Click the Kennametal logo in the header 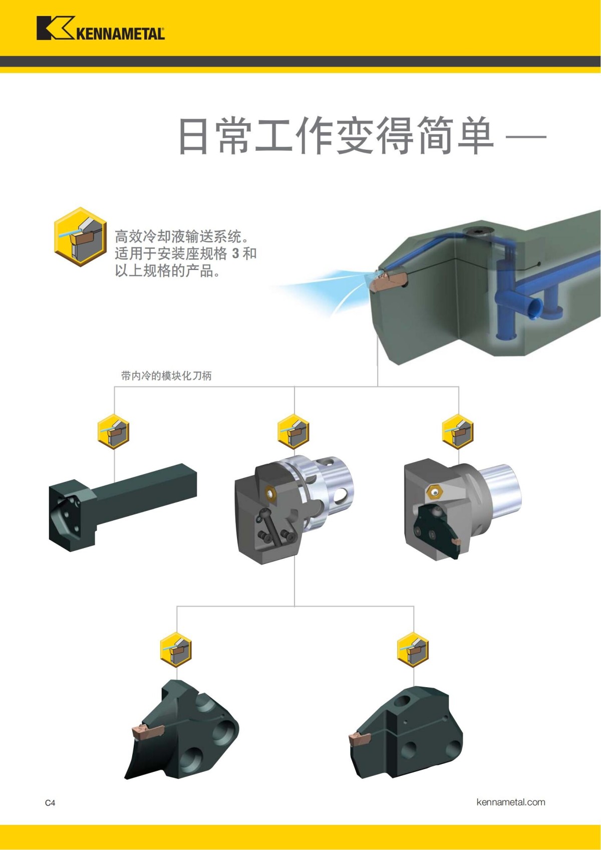tap(100, 29)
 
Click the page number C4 tap(50, 802)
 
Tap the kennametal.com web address tap(510, 802)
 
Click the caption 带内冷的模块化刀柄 tap(166, 376)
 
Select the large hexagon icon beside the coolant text tap(80, 236)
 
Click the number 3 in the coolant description tap(235, 253)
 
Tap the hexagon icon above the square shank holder tap(113, 432)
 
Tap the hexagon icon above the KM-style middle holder tap(293, 432)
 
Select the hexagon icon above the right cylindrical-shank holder tap(458, 432)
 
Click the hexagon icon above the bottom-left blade tap(176, 650)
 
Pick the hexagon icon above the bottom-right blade tap(413, 650)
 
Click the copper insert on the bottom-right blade tap(359, 738)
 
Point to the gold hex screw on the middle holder tap(271, 493)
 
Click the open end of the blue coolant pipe tap(535, 308)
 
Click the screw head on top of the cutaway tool tap(476, 231)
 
